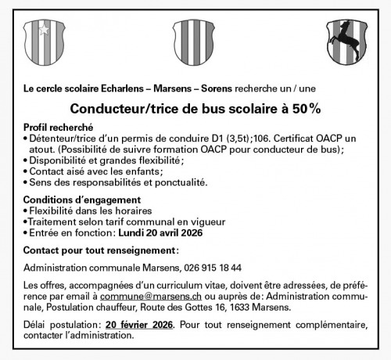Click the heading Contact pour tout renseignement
click(x=101, y=250)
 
